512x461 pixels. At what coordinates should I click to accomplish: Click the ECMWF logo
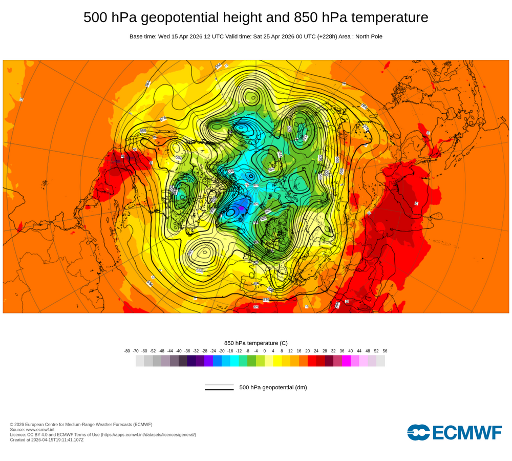455,432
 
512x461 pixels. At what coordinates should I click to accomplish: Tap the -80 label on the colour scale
127,351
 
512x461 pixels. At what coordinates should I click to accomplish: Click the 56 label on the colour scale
385,351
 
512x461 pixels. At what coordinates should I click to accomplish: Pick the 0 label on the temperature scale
265,351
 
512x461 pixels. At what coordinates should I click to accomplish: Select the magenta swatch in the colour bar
346,361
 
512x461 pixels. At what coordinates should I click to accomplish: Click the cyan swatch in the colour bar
234,361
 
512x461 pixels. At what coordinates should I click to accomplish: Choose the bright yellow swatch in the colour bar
278,361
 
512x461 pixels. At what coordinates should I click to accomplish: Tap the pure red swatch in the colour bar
312,361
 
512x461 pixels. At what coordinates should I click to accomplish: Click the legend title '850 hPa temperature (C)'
256,343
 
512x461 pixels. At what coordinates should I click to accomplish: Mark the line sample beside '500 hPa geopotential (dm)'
219,387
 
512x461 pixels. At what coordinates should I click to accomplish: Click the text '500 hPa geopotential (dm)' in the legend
273,387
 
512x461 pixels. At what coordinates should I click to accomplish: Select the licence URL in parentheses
148,434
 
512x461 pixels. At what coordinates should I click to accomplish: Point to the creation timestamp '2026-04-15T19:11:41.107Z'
57,439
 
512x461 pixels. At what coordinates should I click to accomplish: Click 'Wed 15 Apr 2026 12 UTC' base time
189,36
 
